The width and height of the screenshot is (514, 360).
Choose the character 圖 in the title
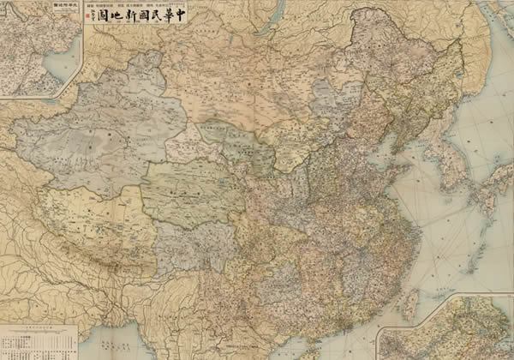pyautogui.click(x=100, y=15)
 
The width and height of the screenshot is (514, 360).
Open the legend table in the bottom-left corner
pyautogui.click(x=39, y=340)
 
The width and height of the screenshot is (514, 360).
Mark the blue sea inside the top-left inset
pyautogui.click(x=60, y=64)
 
